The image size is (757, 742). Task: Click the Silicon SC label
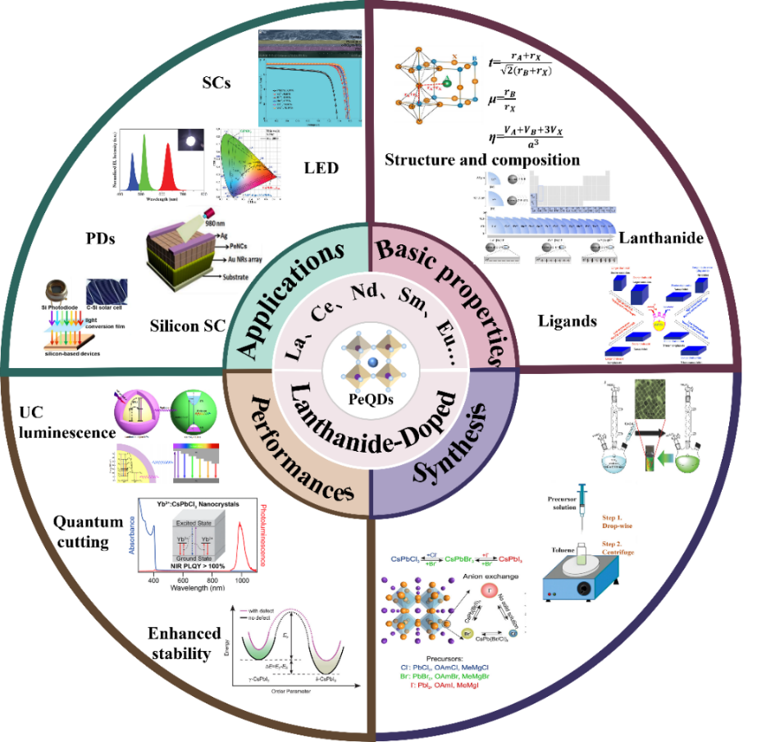[187, 325]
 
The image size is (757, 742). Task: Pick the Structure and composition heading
[482, 159]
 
